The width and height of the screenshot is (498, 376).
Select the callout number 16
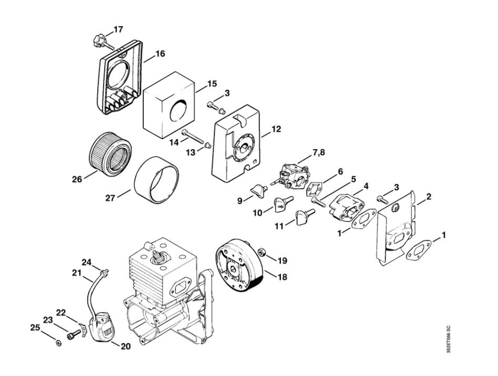160,54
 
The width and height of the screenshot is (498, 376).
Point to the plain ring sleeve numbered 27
156,179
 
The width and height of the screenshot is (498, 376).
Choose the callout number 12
276,129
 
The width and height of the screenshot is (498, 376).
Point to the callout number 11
279,226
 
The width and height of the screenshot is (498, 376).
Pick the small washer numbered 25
58,343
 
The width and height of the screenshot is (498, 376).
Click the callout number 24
87,263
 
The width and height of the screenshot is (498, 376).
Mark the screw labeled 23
73,334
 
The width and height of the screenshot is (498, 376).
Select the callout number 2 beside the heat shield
429,197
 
